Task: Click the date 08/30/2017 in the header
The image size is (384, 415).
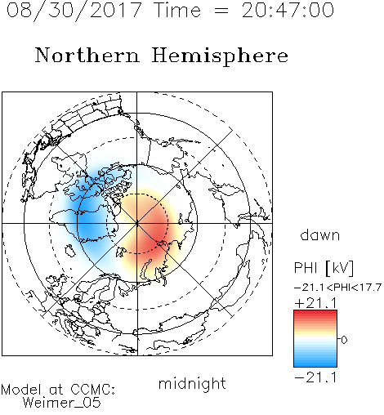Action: pos(74,11)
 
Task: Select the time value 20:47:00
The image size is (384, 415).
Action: pos(288,10)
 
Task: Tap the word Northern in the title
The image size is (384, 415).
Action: pos(87,55)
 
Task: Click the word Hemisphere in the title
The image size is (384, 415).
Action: pos(220,56)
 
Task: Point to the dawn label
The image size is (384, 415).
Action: pos(320,234)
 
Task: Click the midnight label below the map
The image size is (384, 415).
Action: pos(192,384)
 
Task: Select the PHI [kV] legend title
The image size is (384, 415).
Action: pos(324,268)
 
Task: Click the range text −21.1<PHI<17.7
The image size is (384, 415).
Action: pos(337,288)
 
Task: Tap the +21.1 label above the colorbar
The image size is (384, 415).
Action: pos(316,303)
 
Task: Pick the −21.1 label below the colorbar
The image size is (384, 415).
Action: pos(316,377)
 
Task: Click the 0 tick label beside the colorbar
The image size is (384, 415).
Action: pos(344,340)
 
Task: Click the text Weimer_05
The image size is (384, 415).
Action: pos(62,403)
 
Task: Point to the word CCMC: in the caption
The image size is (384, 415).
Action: pos(93,390)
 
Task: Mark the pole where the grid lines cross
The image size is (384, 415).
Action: pos(137,224)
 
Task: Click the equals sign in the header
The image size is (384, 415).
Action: pos(221,11)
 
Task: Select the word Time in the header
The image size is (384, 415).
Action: pos(177,10)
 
